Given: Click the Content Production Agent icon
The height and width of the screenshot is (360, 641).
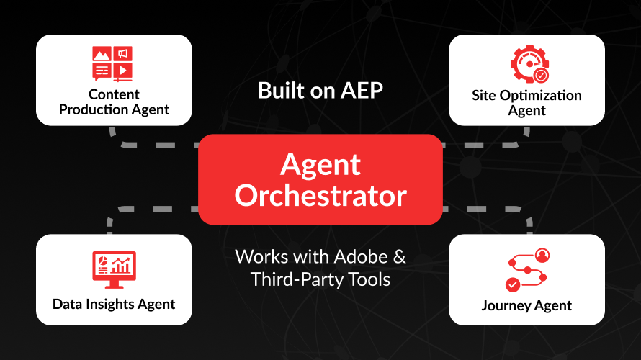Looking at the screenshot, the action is (112, 64).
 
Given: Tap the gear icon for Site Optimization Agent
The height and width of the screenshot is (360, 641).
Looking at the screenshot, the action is (529, 64).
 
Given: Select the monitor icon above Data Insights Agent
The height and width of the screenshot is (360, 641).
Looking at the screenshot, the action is (114, 270).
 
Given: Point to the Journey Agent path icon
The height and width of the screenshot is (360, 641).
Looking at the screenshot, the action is (527, 270).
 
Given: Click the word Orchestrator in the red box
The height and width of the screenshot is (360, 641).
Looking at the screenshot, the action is (320, 196).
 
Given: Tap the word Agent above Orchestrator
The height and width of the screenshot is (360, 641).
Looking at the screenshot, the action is (320, 166).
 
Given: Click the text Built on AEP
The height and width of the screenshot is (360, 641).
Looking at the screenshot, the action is (320, 90).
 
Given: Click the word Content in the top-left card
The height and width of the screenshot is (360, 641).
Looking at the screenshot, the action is (114, 94).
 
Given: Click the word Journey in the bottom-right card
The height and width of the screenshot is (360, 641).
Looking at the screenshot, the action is (506, 306).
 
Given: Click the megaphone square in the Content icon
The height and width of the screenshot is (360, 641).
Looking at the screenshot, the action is (123, 53).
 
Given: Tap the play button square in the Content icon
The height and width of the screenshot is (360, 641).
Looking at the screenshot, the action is (123, 71).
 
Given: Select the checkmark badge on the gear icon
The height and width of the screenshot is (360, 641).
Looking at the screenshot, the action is (541, 76).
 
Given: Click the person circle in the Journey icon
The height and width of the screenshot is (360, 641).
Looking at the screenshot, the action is (542, 256).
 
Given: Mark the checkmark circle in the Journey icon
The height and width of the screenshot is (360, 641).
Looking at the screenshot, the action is (513, 284).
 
